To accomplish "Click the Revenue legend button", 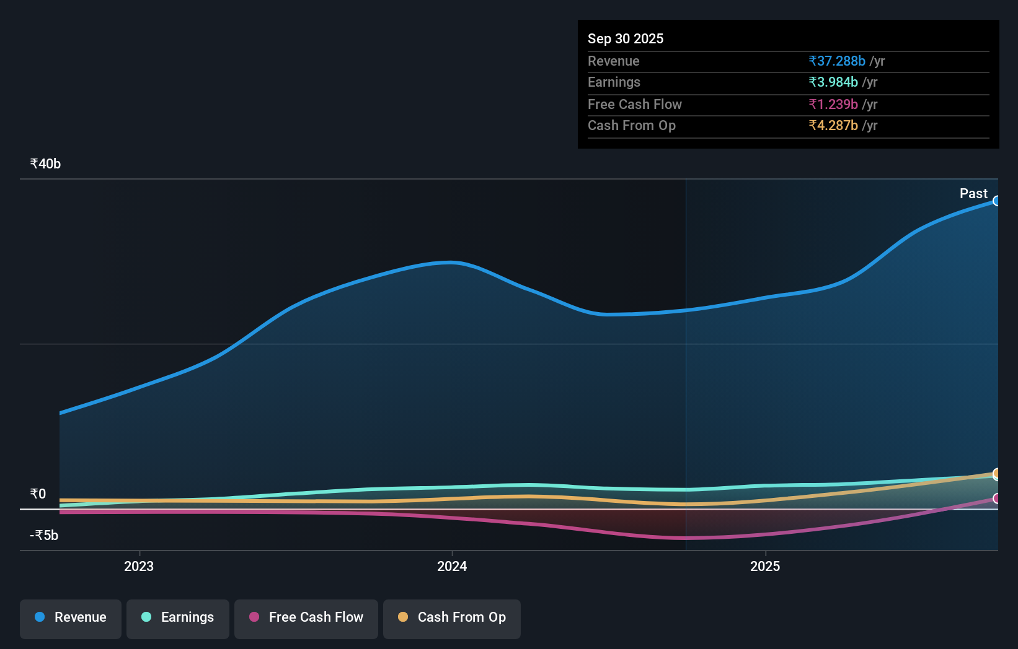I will click(x=71, y=617).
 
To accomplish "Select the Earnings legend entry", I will click(x=178, y=617).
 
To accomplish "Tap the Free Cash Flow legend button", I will click(x=306, y=617).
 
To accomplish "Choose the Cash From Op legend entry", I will click(x=452, y=617).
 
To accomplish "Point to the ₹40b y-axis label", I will click(x=45, y=164).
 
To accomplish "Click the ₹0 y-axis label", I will click(x=38, y=494).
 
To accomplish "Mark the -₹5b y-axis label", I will click(x=44, y=536).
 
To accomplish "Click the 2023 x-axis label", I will click(x=139, y=567).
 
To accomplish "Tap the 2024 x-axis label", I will click(x=452, y=567).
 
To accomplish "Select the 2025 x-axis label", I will click(x=765, y=567).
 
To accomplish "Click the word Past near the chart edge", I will click(x=973, y=194).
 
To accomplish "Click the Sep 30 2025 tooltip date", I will click(x=625, y=39).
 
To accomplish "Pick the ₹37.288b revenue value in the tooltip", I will click(x=836, y=61).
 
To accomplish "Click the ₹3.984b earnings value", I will click(x=833, y=82).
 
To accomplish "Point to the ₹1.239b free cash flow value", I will click(x=833, y=105).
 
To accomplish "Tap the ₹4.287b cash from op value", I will click(x=833, y=126).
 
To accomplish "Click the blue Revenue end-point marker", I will click(x=996, y=201).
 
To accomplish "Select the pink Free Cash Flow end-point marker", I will click(x=996, y=499).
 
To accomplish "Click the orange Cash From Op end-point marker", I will click(x=996, y=474).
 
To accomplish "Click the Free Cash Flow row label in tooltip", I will click(x=634, y=105).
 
